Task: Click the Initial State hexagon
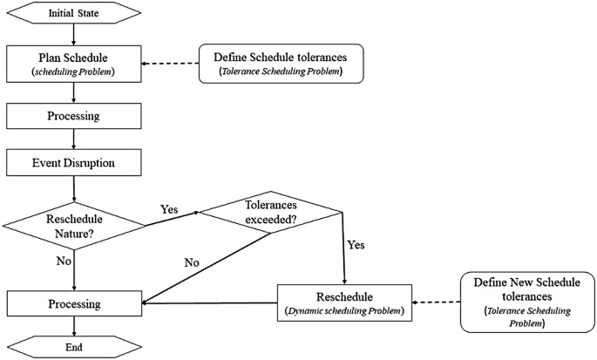(x=74, y=13)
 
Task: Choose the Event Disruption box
(x=74, y=162)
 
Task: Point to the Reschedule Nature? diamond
(x=74, y=226)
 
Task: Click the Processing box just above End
(x=74, y=304)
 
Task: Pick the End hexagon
(x=74, y=346)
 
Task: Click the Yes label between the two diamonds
(x=171, y=210)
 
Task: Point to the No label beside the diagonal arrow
(x=191, y=262)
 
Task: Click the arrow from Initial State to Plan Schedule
(x=74, y=35)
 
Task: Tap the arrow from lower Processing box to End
(x=74, y=326)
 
